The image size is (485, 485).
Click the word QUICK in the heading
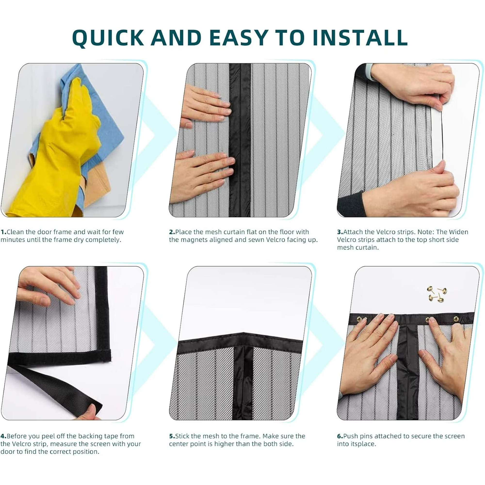pos(108,38)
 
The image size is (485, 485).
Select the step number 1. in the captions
pos(3,232)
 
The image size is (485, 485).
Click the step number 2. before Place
pos(172,232)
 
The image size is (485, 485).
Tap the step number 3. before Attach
pos(340,232)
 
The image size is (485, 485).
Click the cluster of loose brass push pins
pos(437,294)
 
